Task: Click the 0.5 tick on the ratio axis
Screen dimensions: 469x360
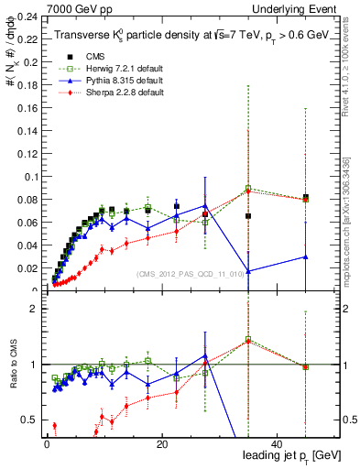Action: click(x=29, y=420)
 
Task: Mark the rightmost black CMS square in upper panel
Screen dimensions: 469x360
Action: click(x=305, y=197)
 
